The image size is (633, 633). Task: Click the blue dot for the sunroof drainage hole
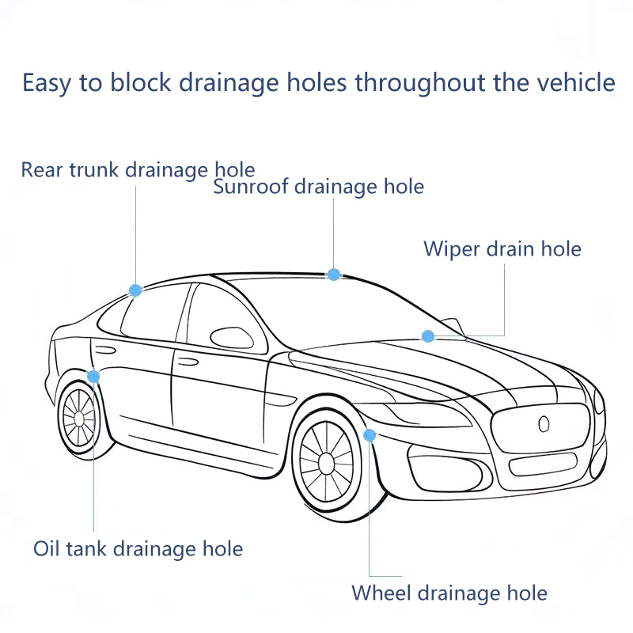tap(334, 275)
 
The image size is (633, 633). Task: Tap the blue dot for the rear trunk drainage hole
tap(135, 290)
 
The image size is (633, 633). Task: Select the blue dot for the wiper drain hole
tap(428, 336)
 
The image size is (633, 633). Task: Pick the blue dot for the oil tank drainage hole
tap(94, 376)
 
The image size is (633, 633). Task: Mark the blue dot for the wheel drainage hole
tap(370, 434)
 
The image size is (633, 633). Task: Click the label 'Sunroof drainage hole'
tap(318, 187)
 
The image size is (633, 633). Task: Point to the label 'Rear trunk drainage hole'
tap(138, 169)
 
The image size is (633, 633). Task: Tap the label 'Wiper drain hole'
tap(502, 248)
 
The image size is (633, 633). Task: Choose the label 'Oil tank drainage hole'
tap(138, 548)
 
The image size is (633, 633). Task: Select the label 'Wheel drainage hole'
tap(449, 593)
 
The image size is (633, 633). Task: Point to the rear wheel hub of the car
tap(79, 417)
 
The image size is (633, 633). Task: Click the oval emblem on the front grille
tap(544, 424)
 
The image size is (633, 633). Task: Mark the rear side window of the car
tap(150, 313)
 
